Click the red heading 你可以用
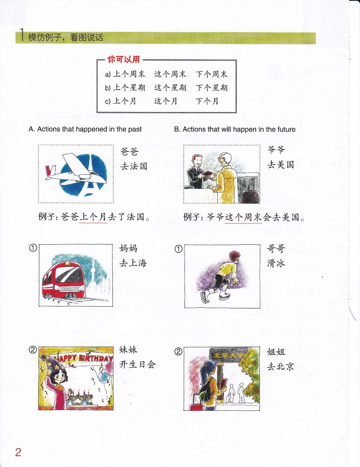click(x=123, y=59)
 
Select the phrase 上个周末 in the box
click(x=129, y=74)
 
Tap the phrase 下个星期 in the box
click(x=211, y=88)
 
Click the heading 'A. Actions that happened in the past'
click(x=85, y=129)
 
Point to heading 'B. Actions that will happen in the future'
click(x=234, y=129)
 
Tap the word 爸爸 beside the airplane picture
click(x=129, y=151)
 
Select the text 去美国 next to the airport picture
click(x=280, y=165)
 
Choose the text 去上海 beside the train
click(x=133, y=263)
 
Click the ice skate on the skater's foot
click(x=204, y=297)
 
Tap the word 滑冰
click(x=276, y=263)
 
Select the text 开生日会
click(x=137, y=364)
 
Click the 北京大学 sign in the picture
click(x=227, y=355)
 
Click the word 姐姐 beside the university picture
click(x=276, y=352)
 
